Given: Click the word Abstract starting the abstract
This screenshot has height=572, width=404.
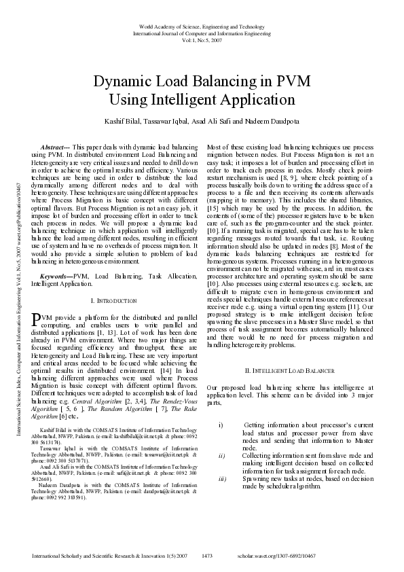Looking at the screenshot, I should (55, 147).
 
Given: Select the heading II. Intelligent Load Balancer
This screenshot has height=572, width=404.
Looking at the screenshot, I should (289, 371).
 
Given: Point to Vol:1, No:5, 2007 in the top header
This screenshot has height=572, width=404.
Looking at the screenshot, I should (202, 39).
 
